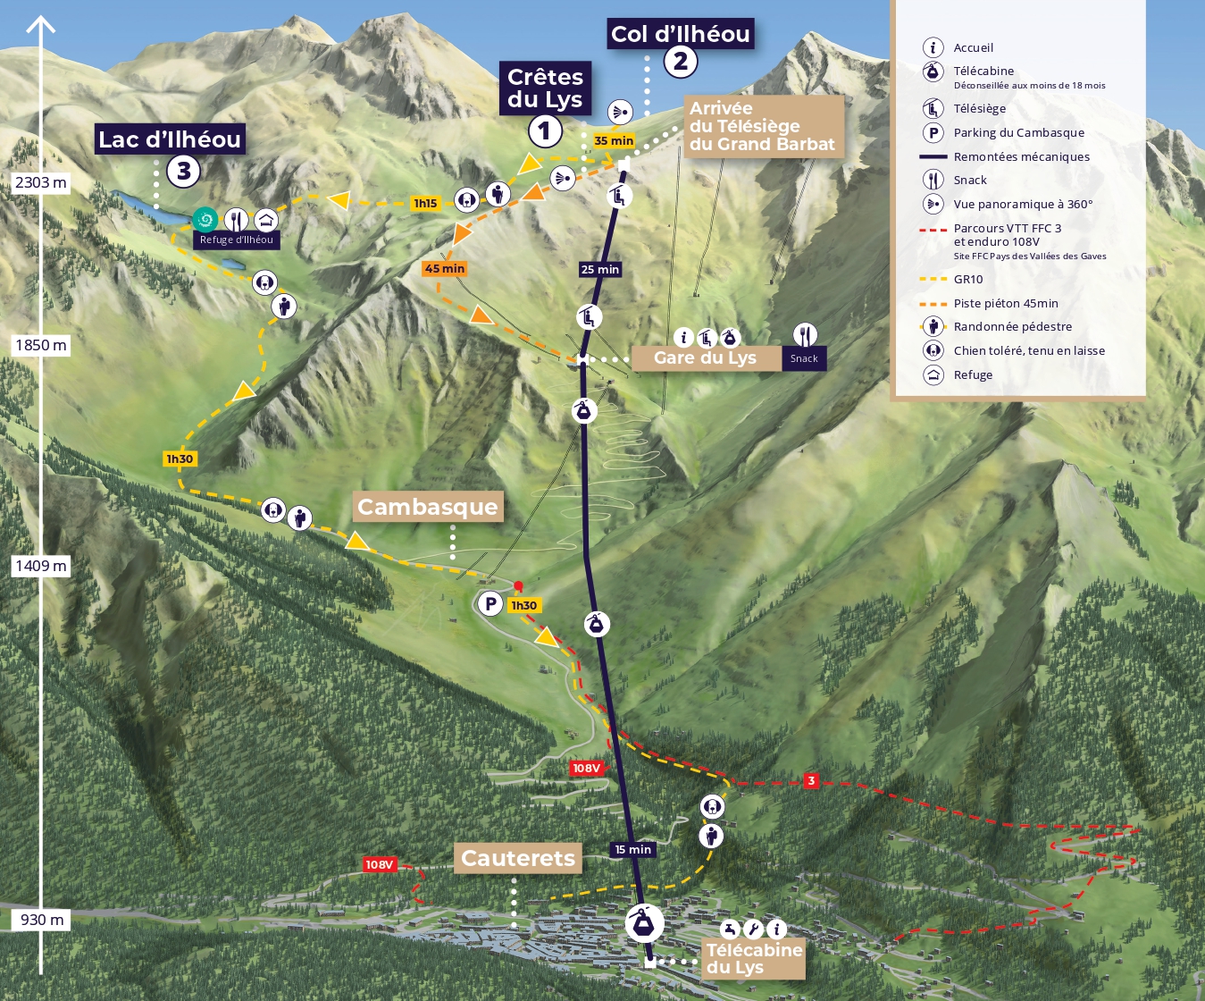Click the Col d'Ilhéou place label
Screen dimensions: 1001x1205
(x=680, y=34)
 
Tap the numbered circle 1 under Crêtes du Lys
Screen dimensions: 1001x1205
(x=545, y=131)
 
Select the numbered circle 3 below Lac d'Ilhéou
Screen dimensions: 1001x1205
(x=183, y=170)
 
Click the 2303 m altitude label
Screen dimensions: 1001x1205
(x=41, y=182)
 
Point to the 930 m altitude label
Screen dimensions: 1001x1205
(x=42, y=920)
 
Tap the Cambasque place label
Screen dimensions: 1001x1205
(x=427, y=507)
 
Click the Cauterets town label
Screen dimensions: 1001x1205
(x=518, y=858)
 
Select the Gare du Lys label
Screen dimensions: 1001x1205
(x=705, y=357)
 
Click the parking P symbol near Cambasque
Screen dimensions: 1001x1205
(x=490, y=604)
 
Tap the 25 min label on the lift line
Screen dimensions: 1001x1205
(x=599, y=269)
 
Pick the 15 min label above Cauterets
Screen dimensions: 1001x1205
(x=632, y=849)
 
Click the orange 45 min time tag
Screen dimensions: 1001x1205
(x=445, y=268)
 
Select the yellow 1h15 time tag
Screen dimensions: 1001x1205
(x=425, y=203)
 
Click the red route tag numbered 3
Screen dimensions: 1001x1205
(x=811, y=780)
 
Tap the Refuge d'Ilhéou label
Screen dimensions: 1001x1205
(x=237, y=240)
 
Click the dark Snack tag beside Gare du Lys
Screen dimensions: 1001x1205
(x=804, y=358)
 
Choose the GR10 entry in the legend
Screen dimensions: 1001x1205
(x=968, y=279)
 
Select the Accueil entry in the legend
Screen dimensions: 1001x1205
(x=973, y=47)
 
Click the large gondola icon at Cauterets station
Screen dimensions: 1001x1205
(x=643, y=923)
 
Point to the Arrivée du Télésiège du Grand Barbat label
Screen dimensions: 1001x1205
(x=762, y=126)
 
